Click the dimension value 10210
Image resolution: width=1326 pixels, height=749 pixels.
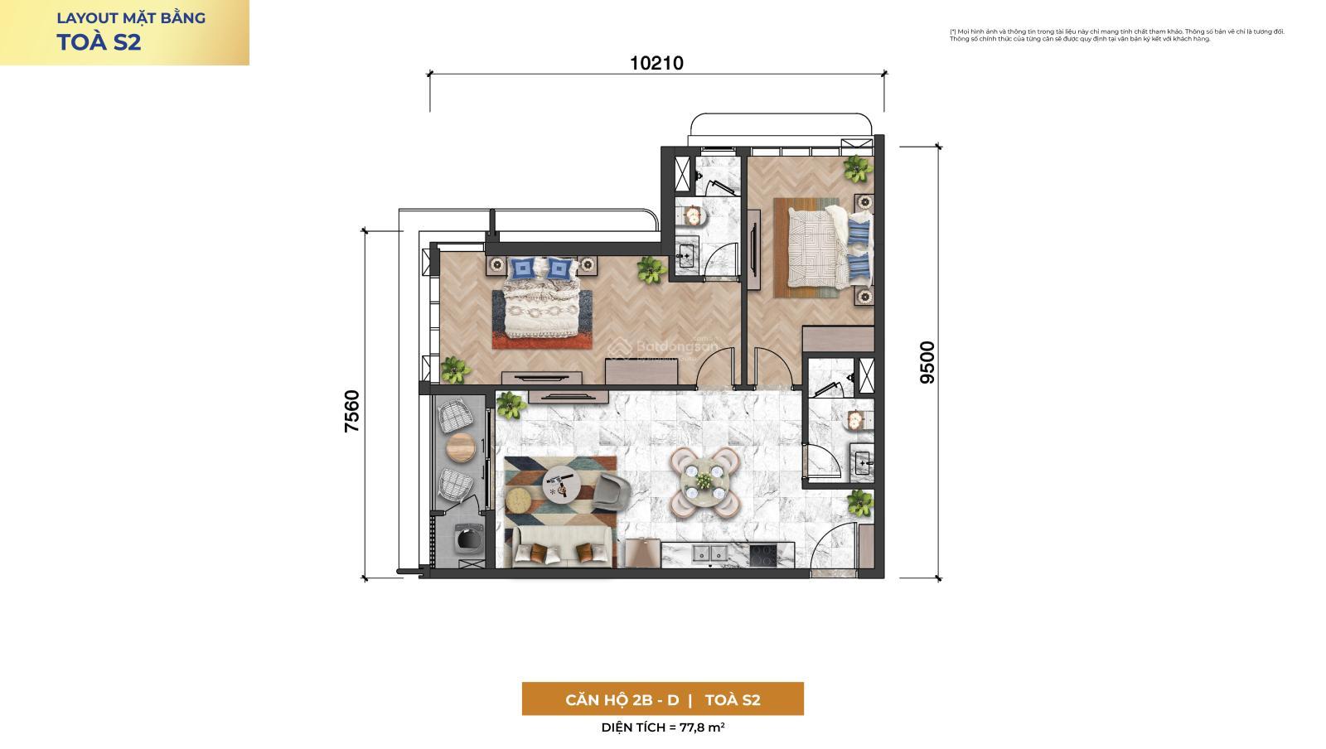(656, 63)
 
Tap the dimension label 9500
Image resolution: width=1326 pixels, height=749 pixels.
(927, 362)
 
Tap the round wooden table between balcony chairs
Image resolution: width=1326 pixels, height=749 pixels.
(461, 448)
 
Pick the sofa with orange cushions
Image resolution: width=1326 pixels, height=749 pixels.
(562, 548)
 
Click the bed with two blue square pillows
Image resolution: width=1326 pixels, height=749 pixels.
(541, 302)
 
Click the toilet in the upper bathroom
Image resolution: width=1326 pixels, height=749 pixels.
(692, 215)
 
